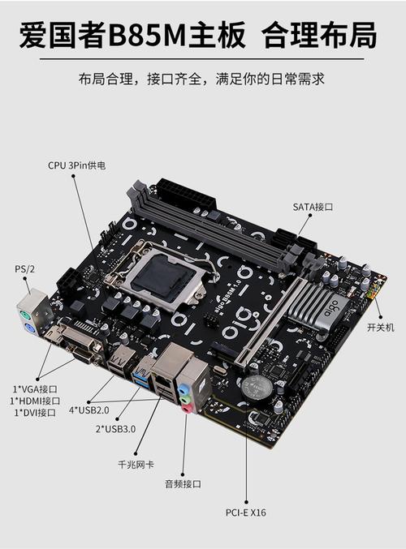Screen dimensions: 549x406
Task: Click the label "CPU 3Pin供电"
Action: click(x=76, y=165)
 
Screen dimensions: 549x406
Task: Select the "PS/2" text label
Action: click(x=25, y=268)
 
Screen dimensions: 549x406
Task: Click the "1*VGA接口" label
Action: click(x=35, y=388)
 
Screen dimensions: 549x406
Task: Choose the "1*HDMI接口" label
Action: click(x=35, y=400)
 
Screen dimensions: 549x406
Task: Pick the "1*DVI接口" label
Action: click(x=35, y=413)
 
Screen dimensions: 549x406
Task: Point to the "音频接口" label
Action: click(x=182, y=484)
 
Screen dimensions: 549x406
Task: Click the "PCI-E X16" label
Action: click(x=245, y=513)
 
